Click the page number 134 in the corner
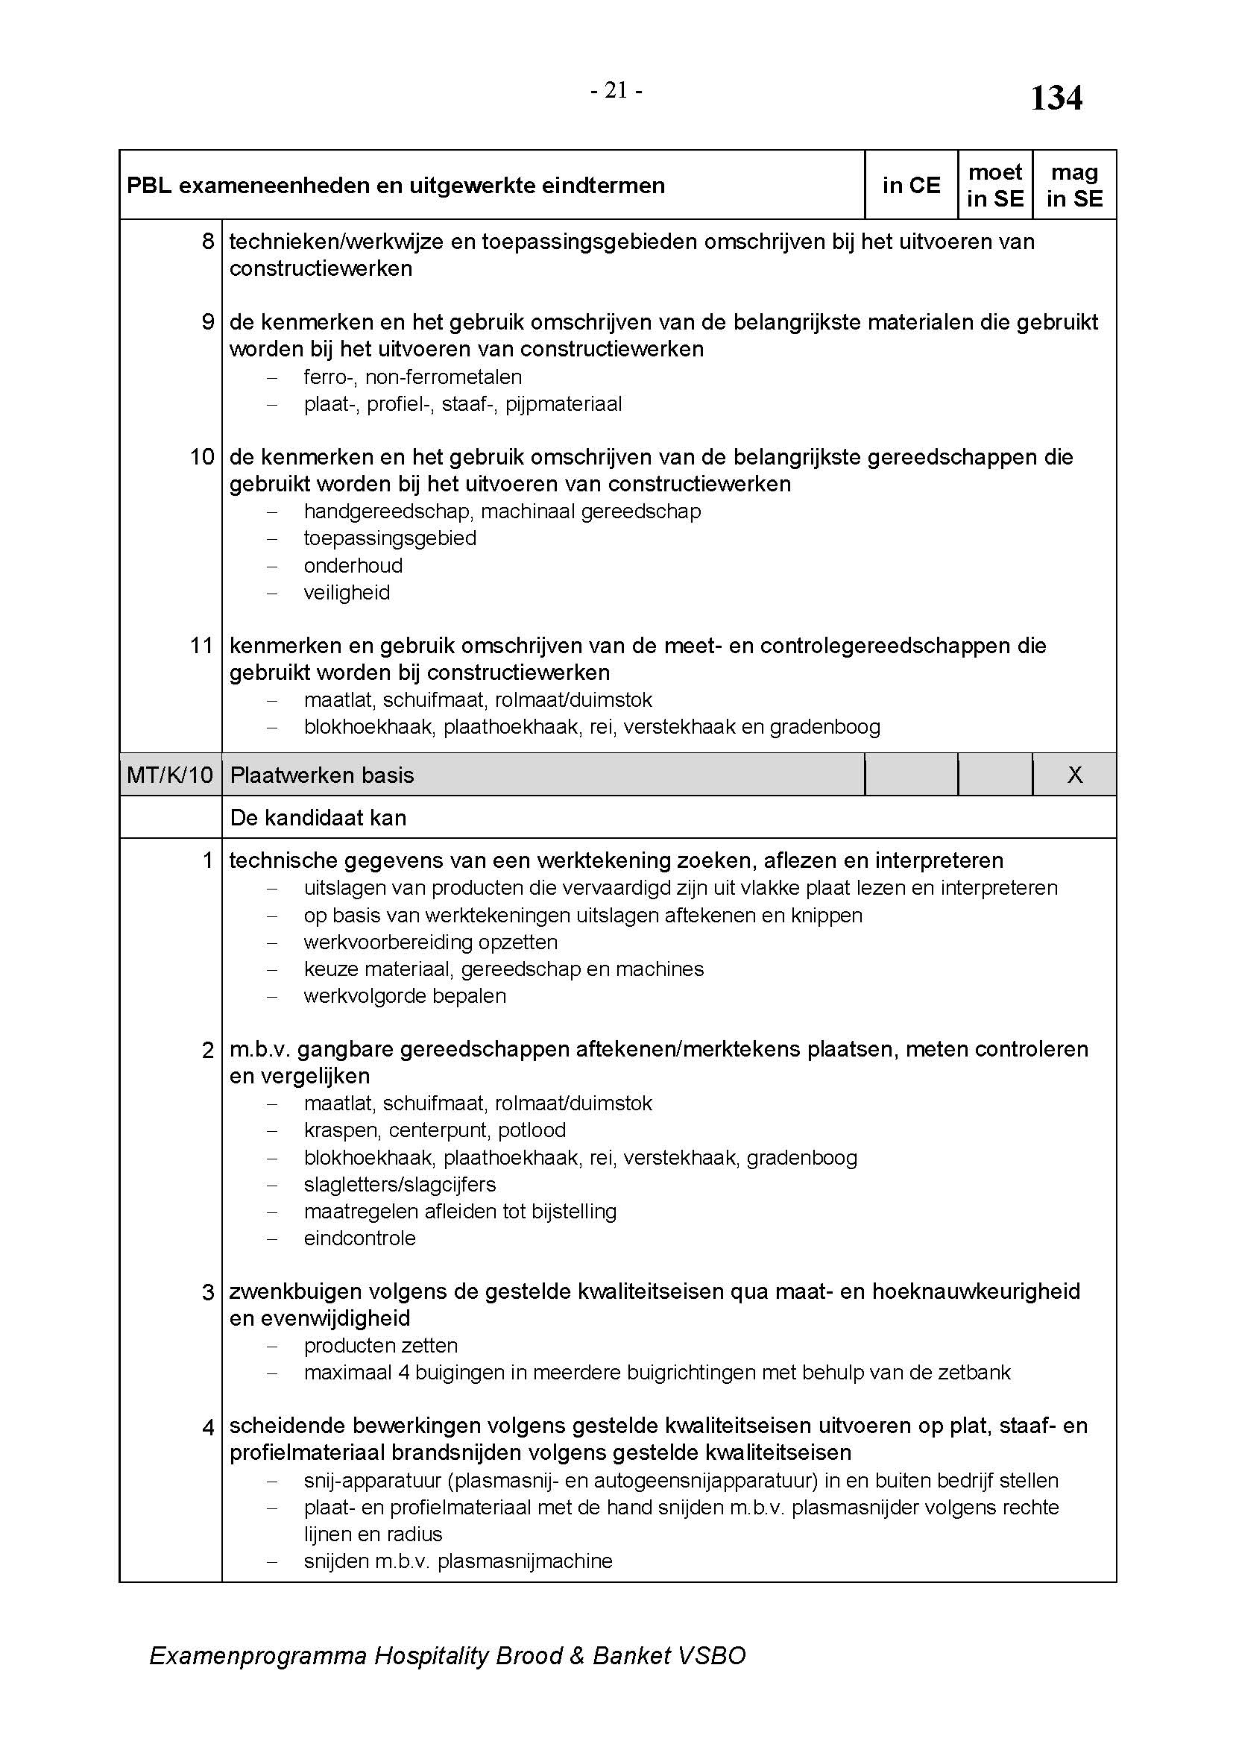(x=1056, y=98)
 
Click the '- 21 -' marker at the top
(x=616, y=91)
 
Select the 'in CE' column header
(x=911, y=186)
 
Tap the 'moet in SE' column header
(x=994, y=186)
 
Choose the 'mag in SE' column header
(x=1074, y=186)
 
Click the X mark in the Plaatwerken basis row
(x=1074, y=775)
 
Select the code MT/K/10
(x=170, y=775)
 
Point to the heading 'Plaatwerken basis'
(x=322, y=775)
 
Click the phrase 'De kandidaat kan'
(x=318, y=818)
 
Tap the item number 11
(x=202, y=646)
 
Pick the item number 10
(x=202, y=457)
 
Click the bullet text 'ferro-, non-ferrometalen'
(x=412, y=377)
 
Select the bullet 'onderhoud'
(x=353, y=566)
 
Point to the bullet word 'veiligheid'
(x=346, y=594)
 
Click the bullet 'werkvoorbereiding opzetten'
(x=430, y=942)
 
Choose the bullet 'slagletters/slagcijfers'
(x=400, y=1184)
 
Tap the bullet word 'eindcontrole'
(x=360, y=1239)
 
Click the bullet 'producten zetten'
(x=380, y=1346)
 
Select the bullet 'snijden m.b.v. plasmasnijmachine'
(x=458, y=1562)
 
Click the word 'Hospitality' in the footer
(x=430, y=1656)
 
